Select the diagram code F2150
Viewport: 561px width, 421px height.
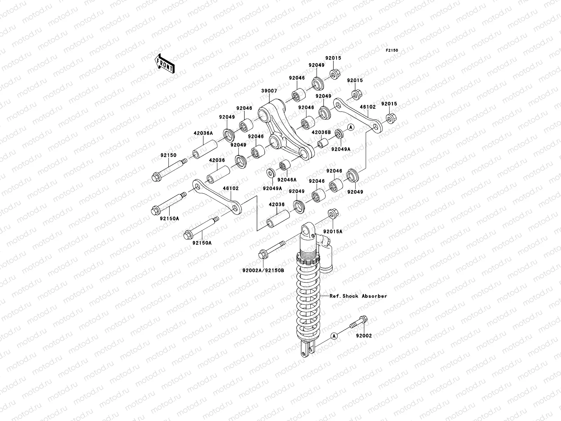pos(392,51)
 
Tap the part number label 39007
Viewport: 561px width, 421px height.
pos(269,91)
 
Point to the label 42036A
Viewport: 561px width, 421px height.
pos(203,133)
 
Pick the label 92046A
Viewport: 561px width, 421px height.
pos(287,180)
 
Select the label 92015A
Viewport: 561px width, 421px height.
pos(333,231)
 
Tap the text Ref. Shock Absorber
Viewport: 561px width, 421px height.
pos(358,296)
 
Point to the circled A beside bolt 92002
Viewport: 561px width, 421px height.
pos(334,336)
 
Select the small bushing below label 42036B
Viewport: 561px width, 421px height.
pos(323,144)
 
